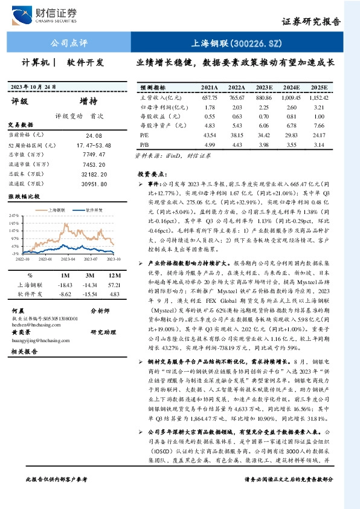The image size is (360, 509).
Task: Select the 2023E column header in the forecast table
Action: [265, 87]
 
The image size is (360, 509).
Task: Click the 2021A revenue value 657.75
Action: [210, 97]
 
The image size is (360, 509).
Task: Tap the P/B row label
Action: [144, 144]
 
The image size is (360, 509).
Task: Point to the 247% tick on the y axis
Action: [13, 215]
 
